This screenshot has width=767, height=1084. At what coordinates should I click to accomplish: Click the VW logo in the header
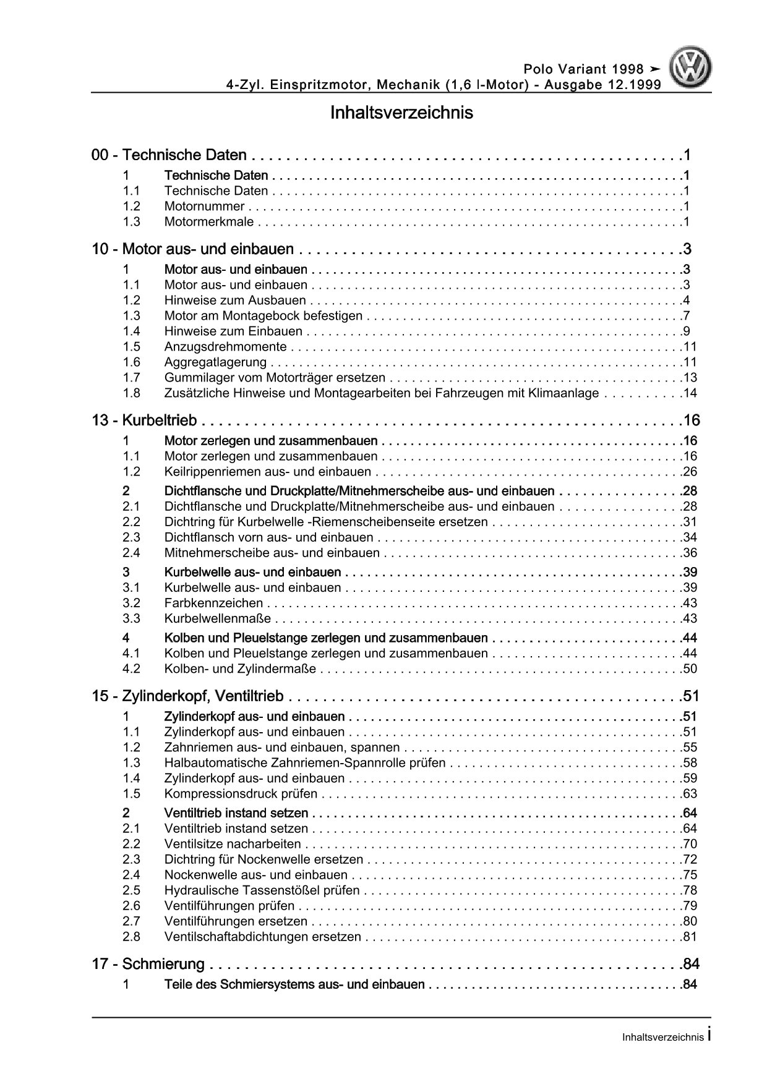(x=692, y=69)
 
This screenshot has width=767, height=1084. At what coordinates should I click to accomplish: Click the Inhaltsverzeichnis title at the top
(x=401, y=113)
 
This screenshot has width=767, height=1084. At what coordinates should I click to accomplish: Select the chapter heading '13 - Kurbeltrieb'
(x=144, y=420)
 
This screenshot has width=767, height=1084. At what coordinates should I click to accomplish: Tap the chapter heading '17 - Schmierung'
(x=148, y=963)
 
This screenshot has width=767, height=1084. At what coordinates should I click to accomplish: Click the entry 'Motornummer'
(x=204, y=207)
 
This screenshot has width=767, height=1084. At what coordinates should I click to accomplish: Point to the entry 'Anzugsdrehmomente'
(x=225, y=347)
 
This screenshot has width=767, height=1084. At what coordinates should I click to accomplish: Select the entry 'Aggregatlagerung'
(x=215, y=362)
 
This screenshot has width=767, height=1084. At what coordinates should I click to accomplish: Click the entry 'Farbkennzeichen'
(x=213, y=603)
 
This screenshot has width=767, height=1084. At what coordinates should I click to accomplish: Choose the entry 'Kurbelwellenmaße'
(x=218, y=618)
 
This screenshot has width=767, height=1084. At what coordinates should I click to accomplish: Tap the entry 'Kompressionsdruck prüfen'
(x=241, y=794)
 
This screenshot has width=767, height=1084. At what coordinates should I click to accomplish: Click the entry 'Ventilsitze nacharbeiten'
(x=233, y=844)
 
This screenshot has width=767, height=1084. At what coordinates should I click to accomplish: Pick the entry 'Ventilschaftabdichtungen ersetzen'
(x=262, y=937)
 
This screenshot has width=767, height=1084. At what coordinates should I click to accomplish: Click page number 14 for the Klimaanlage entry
(x=690, y=393)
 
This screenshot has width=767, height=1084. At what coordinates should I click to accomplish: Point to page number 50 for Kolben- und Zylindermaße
(x=690, y=668)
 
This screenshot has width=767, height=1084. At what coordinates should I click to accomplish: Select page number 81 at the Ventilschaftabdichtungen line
(x=690, y=937)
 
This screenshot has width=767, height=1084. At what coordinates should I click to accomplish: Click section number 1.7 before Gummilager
(x=131, y=378)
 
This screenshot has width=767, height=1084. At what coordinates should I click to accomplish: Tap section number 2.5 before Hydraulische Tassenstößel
(x=131, y=890)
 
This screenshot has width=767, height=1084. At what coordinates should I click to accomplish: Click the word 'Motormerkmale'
(x=210, y=222)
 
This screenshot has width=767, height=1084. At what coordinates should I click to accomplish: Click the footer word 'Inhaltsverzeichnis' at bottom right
(x=662, y=1038)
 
